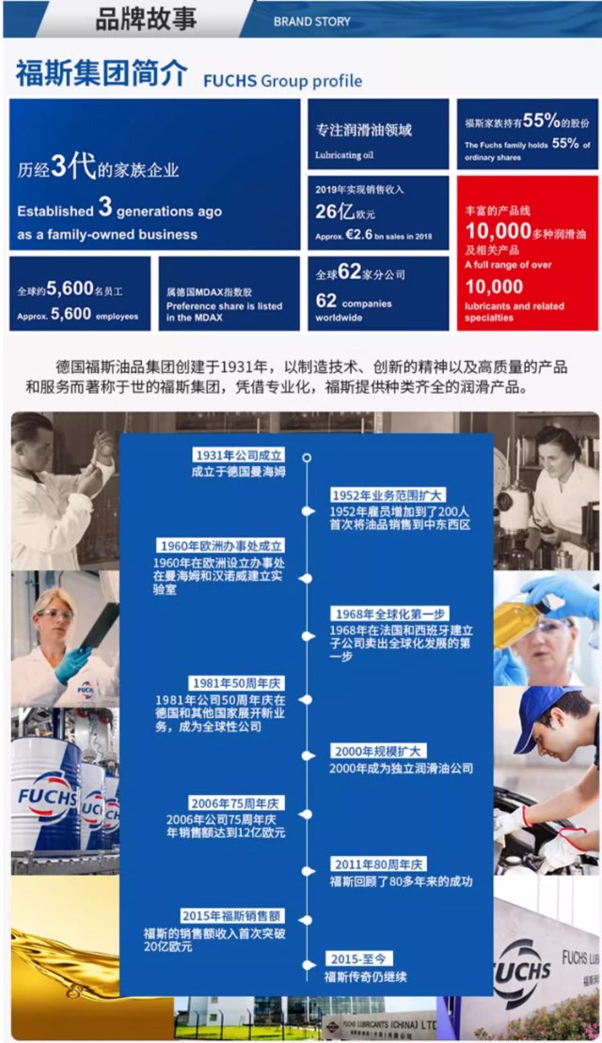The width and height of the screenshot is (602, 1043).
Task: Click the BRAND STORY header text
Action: tap(311, 21)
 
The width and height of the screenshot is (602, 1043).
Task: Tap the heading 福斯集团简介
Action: tap(102, 74)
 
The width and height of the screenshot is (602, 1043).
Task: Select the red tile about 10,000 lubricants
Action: tap(528, 253)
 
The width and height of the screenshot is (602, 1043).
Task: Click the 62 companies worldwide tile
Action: tap(378, 292)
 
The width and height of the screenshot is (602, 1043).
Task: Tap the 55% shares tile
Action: tap(528, 133)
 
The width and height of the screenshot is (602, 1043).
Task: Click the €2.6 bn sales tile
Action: tap(378, 212)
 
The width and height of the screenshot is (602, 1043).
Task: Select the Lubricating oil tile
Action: tap(378, 133)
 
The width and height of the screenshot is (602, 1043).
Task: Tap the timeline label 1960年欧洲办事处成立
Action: tap(222, 545)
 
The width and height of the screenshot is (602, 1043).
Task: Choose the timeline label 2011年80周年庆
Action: tap(378, 864)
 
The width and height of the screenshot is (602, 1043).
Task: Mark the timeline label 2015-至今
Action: tap(357, 958)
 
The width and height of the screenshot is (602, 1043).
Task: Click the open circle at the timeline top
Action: tap(307, 458)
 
